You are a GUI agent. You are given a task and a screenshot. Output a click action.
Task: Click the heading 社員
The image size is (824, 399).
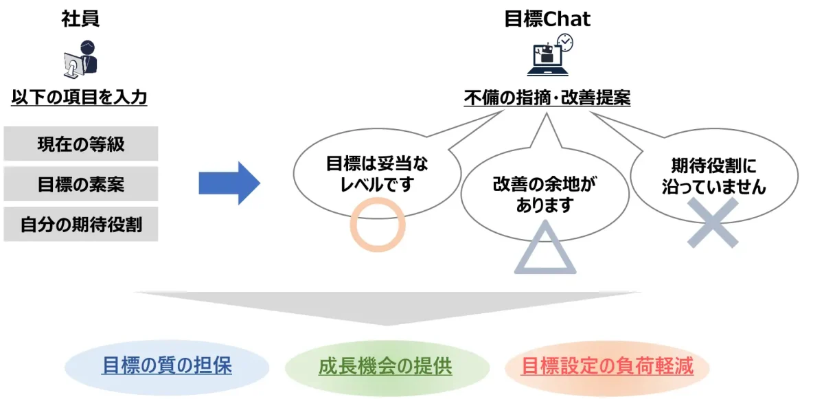tap(80, 19)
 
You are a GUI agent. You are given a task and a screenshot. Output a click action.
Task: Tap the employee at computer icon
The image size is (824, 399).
tap(81, 58)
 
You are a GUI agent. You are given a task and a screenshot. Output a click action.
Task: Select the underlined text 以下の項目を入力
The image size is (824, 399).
tap(80, 98)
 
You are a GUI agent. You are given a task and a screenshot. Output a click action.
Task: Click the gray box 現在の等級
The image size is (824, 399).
tap(81, 144)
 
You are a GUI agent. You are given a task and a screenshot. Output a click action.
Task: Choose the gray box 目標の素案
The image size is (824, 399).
tap(81, 184)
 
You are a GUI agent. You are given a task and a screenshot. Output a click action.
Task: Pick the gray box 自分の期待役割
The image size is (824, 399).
tap(81, 224)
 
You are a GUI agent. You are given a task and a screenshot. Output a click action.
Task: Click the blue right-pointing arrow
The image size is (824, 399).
tap(229, 183)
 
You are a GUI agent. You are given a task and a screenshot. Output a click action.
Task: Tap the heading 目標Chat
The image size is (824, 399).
tap(547, 19)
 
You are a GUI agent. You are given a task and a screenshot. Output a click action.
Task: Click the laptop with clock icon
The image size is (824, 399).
tap(549, 55)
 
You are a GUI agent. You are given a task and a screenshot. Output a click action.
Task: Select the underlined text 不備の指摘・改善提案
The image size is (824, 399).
tap(547, 98)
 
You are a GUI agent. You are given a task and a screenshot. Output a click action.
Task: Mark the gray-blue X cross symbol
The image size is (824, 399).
tap(713, 223)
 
